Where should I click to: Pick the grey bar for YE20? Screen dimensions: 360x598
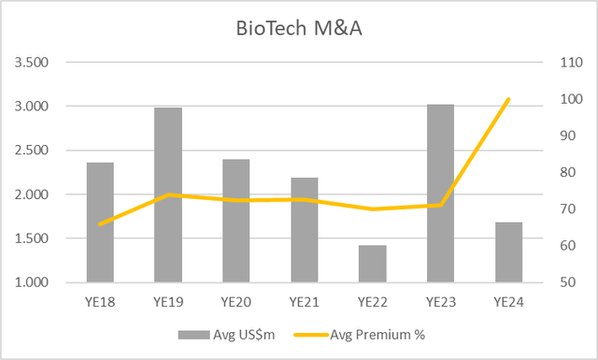tap(236, 221)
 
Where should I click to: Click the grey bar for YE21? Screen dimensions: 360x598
tap(305, 230)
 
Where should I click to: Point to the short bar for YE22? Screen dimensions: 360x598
tap(373, 264)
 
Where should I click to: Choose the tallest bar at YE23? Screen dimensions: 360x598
tap(440, 193)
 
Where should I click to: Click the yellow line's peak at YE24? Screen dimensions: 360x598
tap(508, 99)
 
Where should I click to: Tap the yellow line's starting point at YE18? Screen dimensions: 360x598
tap(100, 223)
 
